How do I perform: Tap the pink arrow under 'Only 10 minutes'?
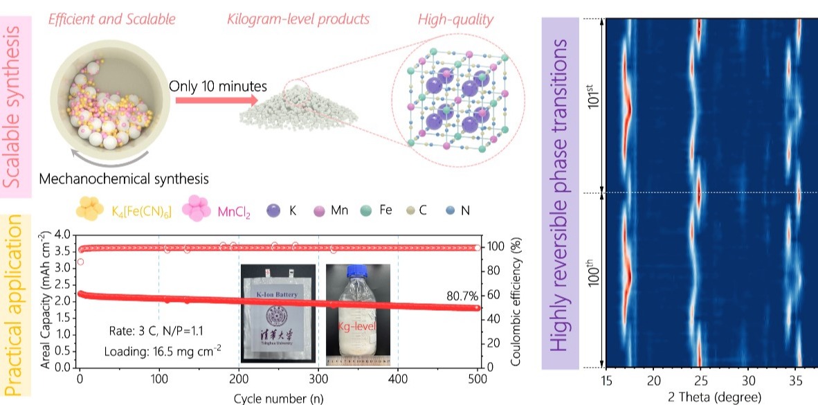click(x=201, y=100)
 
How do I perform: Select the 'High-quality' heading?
click(x=455, y=19)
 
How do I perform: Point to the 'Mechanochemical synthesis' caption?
click(x=124, y=179)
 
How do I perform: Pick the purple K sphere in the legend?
click(x=274, y=209)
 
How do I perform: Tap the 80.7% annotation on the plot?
click(x=462, y=296)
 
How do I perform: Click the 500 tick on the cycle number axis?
click(x=477, y=379)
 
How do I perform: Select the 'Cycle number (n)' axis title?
click(x=277, y=397)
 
